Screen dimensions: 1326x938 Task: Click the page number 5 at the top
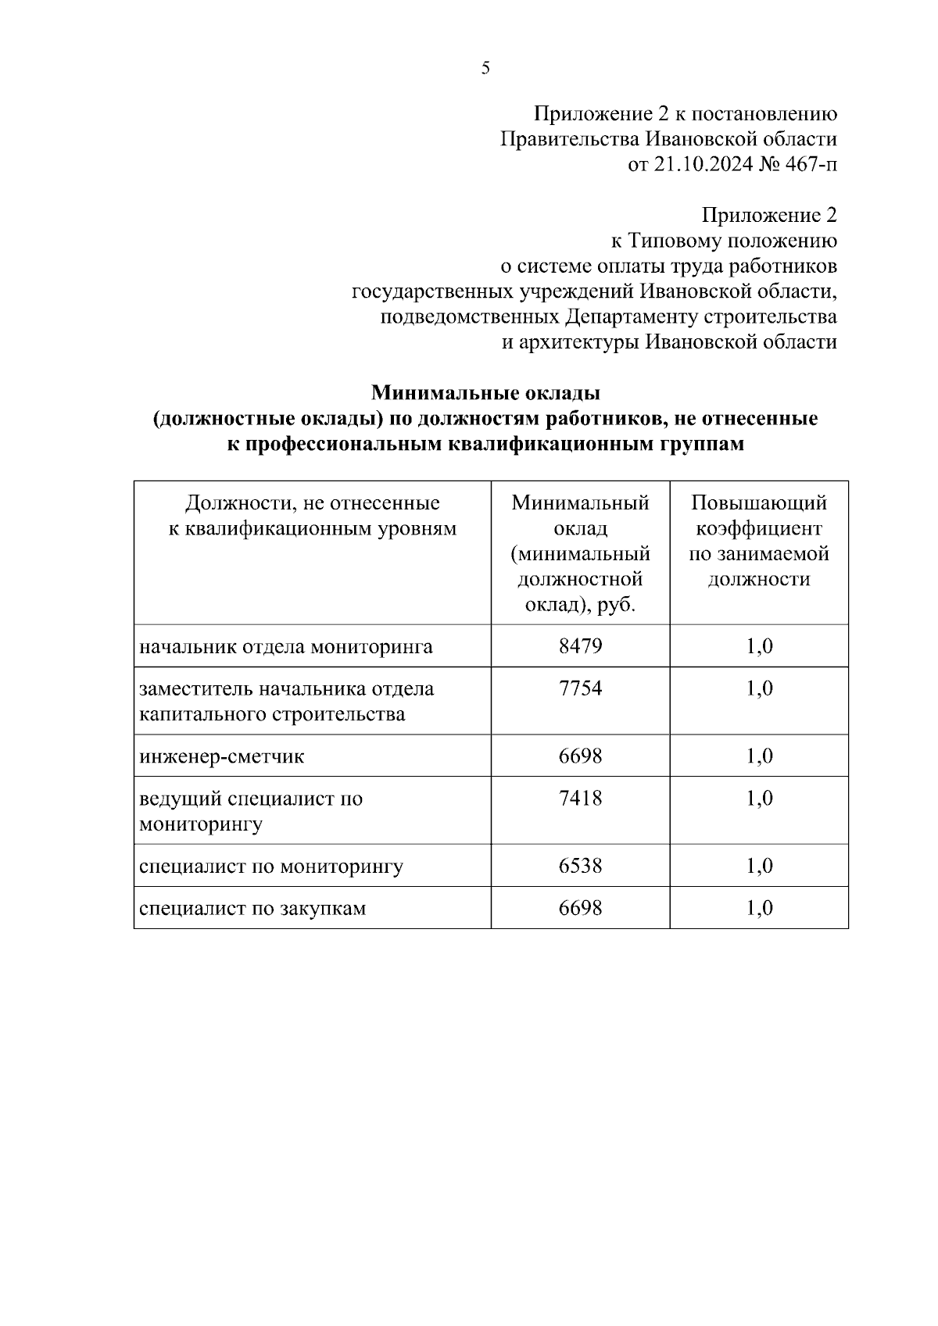click(485, 69)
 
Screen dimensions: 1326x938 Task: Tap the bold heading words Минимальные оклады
click(485, 391)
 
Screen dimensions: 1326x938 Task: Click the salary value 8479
click(580, 646)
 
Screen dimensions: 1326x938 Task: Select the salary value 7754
click(580, 688)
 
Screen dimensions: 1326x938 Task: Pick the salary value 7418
click(580, 799)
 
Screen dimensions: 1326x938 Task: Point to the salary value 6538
click(580, 866)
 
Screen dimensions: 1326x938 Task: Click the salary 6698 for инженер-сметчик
click(580, 756)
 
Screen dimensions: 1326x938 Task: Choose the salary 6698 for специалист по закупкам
click(580, 908)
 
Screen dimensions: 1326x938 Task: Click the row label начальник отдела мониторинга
click(286, 647)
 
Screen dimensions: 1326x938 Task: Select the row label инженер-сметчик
click(222, 756)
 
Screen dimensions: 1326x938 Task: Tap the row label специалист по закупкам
click(252, 908)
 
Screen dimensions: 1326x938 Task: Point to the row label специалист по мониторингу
click(271, 867)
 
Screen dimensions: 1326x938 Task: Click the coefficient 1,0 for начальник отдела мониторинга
click(759, 646)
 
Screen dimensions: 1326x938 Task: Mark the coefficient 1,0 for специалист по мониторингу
click(759, 866)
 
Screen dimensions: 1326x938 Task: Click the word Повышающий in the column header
click(759, 503)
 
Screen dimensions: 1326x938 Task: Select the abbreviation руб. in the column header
click(618, 606)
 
